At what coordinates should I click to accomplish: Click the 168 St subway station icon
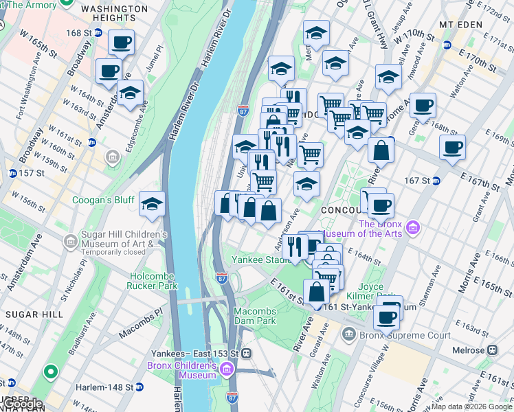(x=98, y=33)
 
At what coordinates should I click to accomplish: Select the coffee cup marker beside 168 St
(x=121, y=43)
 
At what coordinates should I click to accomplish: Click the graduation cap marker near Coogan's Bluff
(x=152, y=203)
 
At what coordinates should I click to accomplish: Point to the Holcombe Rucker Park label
(x=152, y=281)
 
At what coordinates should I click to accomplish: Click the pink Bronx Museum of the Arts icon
(x=412, y=227)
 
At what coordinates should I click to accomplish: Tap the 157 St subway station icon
(x=12, y=172)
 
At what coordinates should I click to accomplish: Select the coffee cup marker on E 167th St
(x=452, y=148)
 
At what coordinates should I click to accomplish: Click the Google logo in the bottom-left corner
(x=23, y=404)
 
